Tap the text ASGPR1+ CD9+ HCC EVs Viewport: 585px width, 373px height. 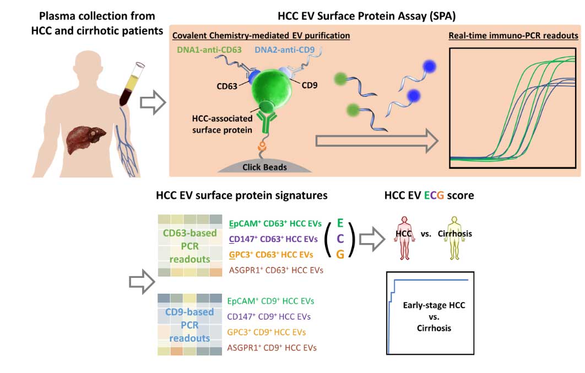click(x=272, y=348)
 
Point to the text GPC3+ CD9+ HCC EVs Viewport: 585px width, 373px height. click(x=267, y=332)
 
